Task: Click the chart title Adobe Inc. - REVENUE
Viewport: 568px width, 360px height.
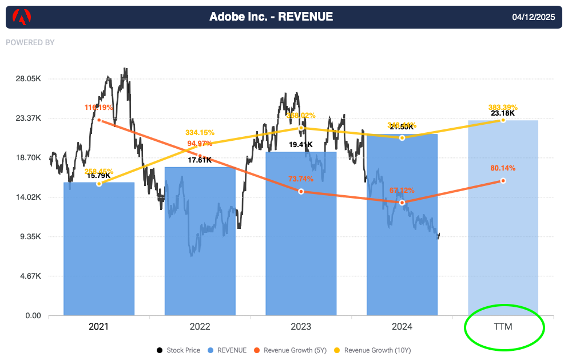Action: tap(271, 17)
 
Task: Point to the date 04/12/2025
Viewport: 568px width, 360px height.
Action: tap(534, 17)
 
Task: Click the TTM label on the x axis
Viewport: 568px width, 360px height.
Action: tap(503, 327)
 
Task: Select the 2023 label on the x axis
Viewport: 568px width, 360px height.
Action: tap(301, 327)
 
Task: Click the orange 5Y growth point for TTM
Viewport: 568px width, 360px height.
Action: tap(503, 181)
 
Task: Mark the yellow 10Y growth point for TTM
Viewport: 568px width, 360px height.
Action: tap(503, 120)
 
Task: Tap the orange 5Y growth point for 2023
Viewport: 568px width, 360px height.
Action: tap(301, 191)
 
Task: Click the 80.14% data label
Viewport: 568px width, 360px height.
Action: tap(503, 168)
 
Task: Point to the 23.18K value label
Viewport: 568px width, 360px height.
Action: tap(503, 113)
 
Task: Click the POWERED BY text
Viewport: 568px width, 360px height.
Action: tap(30, 42)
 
